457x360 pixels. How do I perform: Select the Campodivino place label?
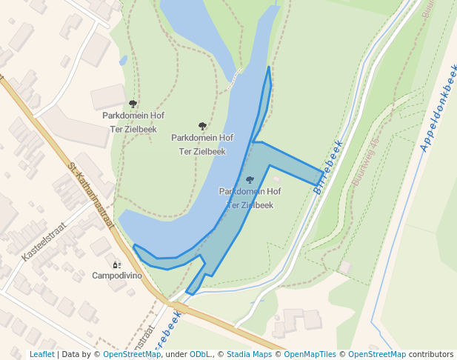117,276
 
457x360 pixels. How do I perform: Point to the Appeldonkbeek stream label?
438,108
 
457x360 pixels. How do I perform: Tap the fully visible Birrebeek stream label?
328,167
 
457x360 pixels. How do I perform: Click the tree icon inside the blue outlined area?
250,180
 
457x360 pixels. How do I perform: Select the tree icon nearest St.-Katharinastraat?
133,104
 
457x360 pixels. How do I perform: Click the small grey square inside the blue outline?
276,179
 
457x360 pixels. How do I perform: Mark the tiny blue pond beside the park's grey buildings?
123,60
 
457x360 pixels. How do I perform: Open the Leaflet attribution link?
42,354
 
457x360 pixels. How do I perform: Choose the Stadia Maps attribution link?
249,354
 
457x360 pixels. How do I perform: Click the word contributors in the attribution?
431,354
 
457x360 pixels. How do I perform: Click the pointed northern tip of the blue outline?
268,67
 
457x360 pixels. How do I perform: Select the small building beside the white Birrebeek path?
345,266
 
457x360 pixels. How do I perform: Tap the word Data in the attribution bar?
72,354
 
